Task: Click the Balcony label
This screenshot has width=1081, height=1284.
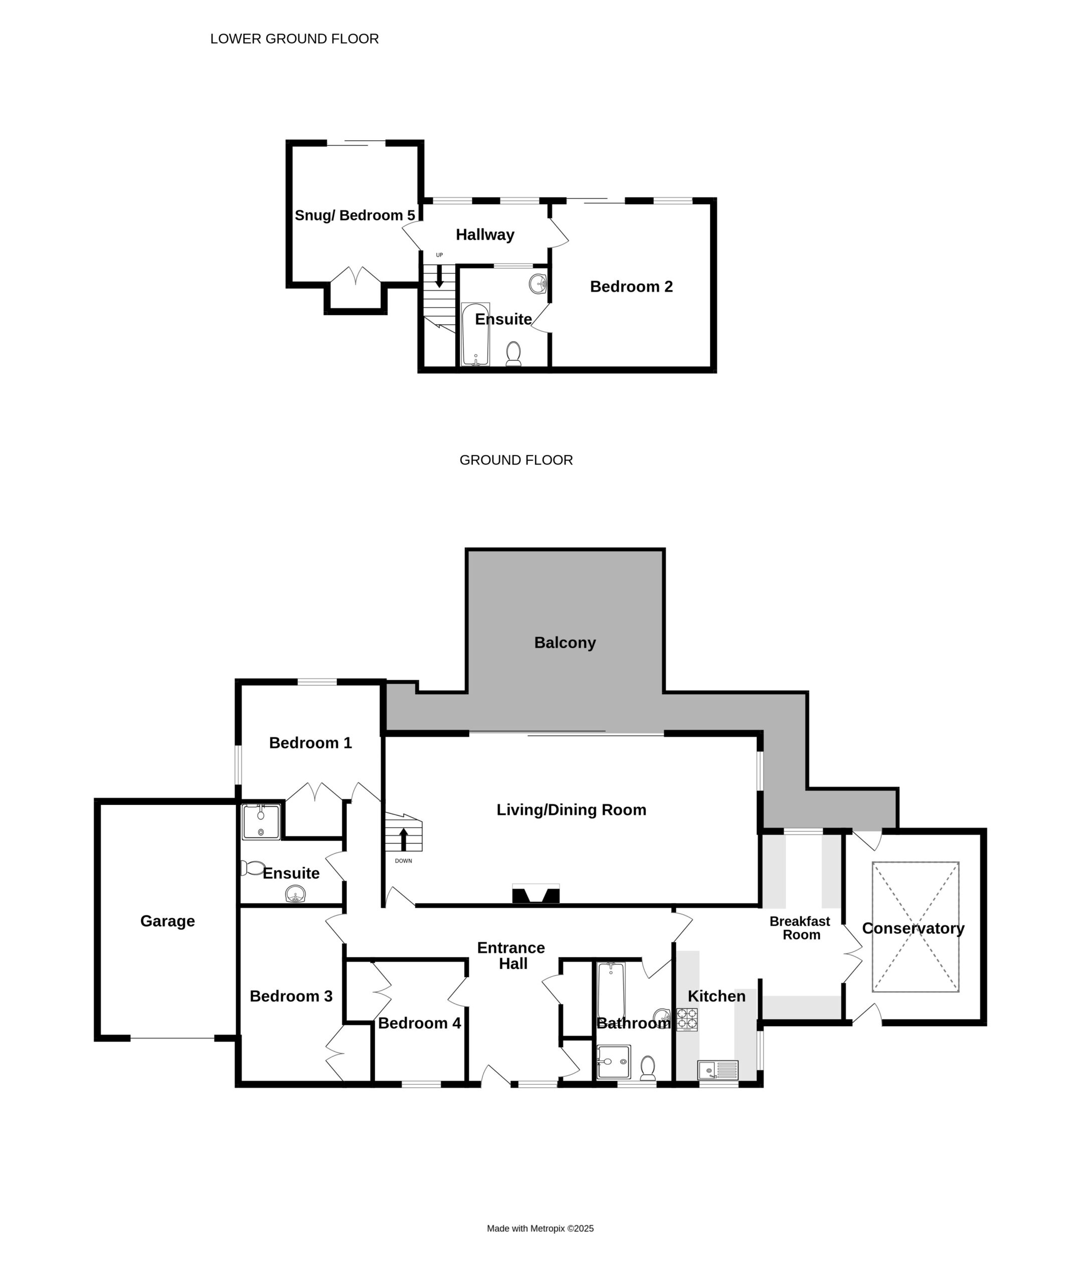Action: tap(565, 643)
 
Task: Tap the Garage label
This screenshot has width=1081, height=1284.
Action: tap(167, 921)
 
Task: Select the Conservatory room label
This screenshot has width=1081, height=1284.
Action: tap(913, 928)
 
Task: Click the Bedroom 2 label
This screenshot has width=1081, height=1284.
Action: tap(631, 287)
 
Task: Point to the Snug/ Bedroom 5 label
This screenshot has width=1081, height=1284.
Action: tap(355, 216)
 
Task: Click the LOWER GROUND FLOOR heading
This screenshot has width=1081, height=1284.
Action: tap(294, 39)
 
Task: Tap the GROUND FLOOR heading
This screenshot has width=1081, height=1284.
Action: tap(516, 460)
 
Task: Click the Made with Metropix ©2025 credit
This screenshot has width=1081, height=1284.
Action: tap(540, 1228)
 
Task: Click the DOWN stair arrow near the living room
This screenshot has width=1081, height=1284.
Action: tap(403, 840)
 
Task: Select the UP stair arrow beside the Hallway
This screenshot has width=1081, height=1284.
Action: tap(439, 276)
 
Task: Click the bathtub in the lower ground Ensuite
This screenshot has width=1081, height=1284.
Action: tap(475, 334)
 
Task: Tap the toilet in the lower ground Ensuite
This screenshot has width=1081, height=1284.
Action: tap(513, 354)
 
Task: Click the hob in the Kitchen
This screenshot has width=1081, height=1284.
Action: tap(687, 1019)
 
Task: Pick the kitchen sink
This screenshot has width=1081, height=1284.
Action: tap(718, 1070)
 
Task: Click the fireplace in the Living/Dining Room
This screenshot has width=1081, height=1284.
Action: tap(536, 894)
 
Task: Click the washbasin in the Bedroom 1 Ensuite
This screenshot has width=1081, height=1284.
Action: tap(296, 894)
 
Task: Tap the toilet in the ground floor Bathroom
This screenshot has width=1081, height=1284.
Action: tap(648, 1068)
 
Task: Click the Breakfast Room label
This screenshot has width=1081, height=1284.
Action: tap(800, 928)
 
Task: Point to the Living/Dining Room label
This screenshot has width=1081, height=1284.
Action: tap(571, 810)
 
